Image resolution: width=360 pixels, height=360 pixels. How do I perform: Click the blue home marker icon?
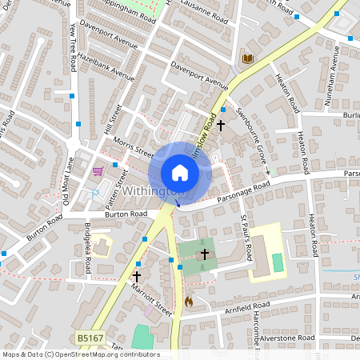click(180, 172)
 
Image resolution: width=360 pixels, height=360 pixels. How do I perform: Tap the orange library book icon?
click(248, 58)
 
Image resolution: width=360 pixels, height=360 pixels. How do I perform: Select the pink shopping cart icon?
click(98, 170)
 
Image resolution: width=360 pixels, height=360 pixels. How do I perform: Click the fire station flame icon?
click(189, 302)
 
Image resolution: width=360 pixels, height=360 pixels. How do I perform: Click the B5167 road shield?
click(91, 339)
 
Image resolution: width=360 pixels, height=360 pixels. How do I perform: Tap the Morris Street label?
click(133, 146)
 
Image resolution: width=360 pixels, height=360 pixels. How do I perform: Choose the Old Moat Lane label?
click(69, 179)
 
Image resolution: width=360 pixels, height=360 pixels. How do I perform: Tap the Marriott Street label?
click(152, 298)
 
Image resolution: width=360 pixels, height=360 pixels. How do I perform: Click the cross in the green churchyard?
click(205, 254)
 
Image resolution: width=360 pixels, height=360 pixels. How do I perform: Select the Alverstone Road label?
click(284, 339)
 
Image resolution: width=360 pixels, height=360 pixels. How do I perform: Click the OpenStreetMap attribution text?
click(80, 354)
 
